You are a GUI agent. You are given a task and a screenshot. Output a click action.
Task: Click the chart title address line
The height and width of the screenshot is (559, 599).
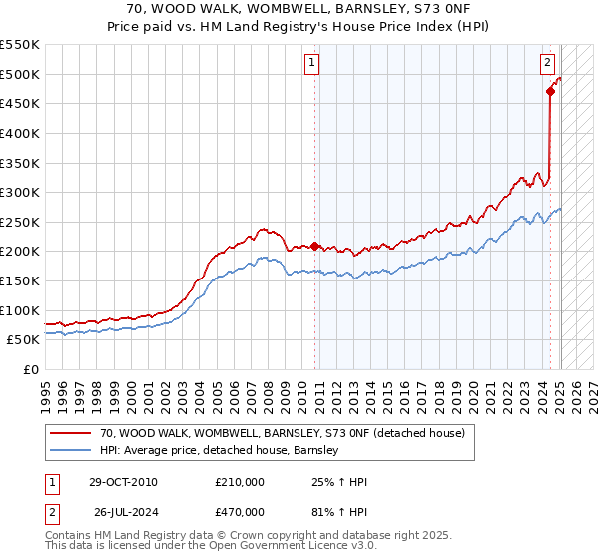click(x=299, y=9)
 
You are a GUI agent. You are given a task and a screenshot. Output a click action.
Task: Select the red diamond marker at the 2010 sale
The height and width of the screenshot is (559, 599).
click(x=315, y=246)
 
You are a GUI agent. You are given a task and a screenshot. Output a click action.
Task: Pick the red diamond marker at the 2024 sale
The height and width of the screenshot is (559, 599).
click(x=550, y=92)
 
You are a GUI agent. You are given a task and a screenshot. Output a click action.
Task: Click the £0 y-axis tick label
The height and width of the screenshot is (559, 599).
click(x=32, y=369)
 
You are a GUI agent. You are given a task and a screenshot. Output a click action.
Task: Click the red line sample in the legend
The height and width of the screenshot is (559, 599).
click(x=70, y=433)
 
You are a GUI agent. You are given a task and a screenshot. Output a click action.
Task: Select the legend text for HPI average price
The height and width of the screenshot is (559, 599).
click(x=220, y=451)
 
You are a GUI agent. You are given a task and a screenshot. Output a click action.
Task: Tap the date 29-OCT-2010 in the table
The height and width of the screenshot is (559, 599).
click(x=122, y=482)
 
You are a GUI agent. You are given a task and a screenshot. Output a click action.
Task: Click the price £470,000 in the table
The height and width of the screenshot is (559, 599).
click(x=239, y=514)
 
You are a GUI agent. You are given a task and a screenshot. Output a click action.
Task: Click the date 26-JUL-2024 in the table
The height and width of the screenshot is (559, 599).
click(x=122, y=514)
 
